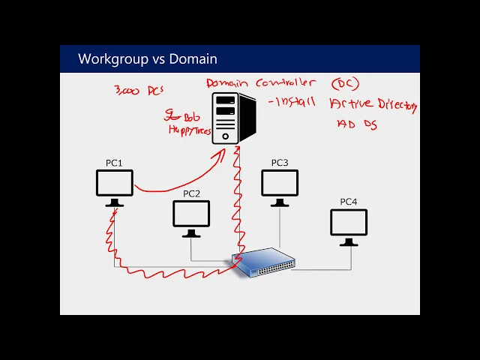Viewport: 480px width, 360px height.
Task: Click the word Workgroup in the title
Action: pyautogui.click(x=108, y=58)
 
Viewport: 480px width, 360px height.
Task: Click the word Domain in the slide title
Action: pyautogui.click(x=193, y=58)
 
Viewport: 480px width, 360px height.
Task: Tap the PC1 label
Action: pyautogui.click(x=114, y=163)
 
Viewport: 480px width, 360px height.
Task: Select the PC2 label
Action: pyautogui.click(x=191, y=193)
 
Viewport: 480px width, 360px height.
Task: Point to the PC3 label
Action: pyautogui.click(x=279, y=163)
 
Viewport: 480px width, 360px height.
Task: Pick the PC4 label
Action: pyautogui.click(x=349, y=201)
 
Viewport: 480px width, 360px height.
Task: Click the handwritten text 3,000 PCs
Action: pyautogui.click(x=139, y=90)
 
